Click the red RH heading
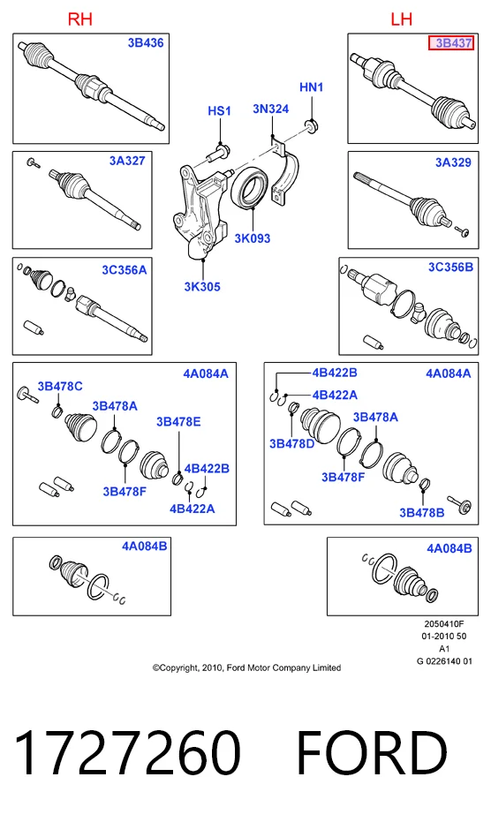point(80,19)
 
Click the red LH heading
point(401,19)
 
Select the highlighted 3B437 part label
point(451,43)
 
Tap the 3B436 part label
point(146,43)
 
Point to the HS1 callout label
point(219,111)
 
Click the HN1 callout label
point(312,87)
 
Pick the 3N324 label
point(271,109)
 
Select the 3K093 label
point(253,238)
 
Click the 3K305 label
point(202,287)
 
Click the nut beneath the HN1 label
point(311,125)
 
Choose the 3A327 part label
point(127,161)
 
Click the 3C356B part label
point(450,268)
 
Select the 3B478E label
point(178,422)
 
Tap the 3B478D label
point(291,444)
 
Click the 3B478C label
point(60,387)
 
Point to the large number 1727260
point(127,753)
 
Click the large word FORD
point(372,753)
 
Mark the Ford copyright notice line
point(246,667)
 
